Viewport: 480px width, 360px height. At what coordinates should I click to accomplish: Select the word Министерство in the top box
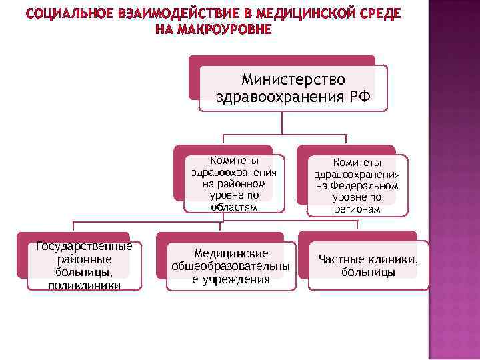click(x=294, y=80)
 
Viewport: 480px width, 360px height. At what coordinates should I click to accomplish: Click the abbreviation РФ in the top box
click(x=359, y=97)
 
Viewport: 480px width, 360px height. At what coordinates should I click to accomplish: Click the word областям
click(x=233, y=207)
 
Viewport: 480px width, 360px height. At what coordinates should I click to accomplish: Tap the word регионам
click(x=357, y=209)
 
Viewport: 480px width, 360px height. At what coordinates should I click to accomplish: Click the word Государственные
click(x=84, y=247)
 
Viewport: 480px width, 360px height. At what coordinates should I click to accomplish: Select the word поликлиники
click(x=84, y=285)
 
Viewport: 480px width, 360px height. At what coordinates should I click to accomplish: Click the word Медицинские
click(x=231, y=253)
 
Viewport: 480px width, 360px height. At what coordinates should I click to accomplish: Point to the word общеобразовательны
click(x=231, y=267)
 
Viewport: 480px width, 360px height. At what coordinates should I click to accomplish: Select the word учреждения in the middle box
click(x=237, y=279)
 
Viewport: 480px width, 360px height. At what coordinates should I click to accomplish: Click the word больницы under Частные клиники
click(x=368, y=272)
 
